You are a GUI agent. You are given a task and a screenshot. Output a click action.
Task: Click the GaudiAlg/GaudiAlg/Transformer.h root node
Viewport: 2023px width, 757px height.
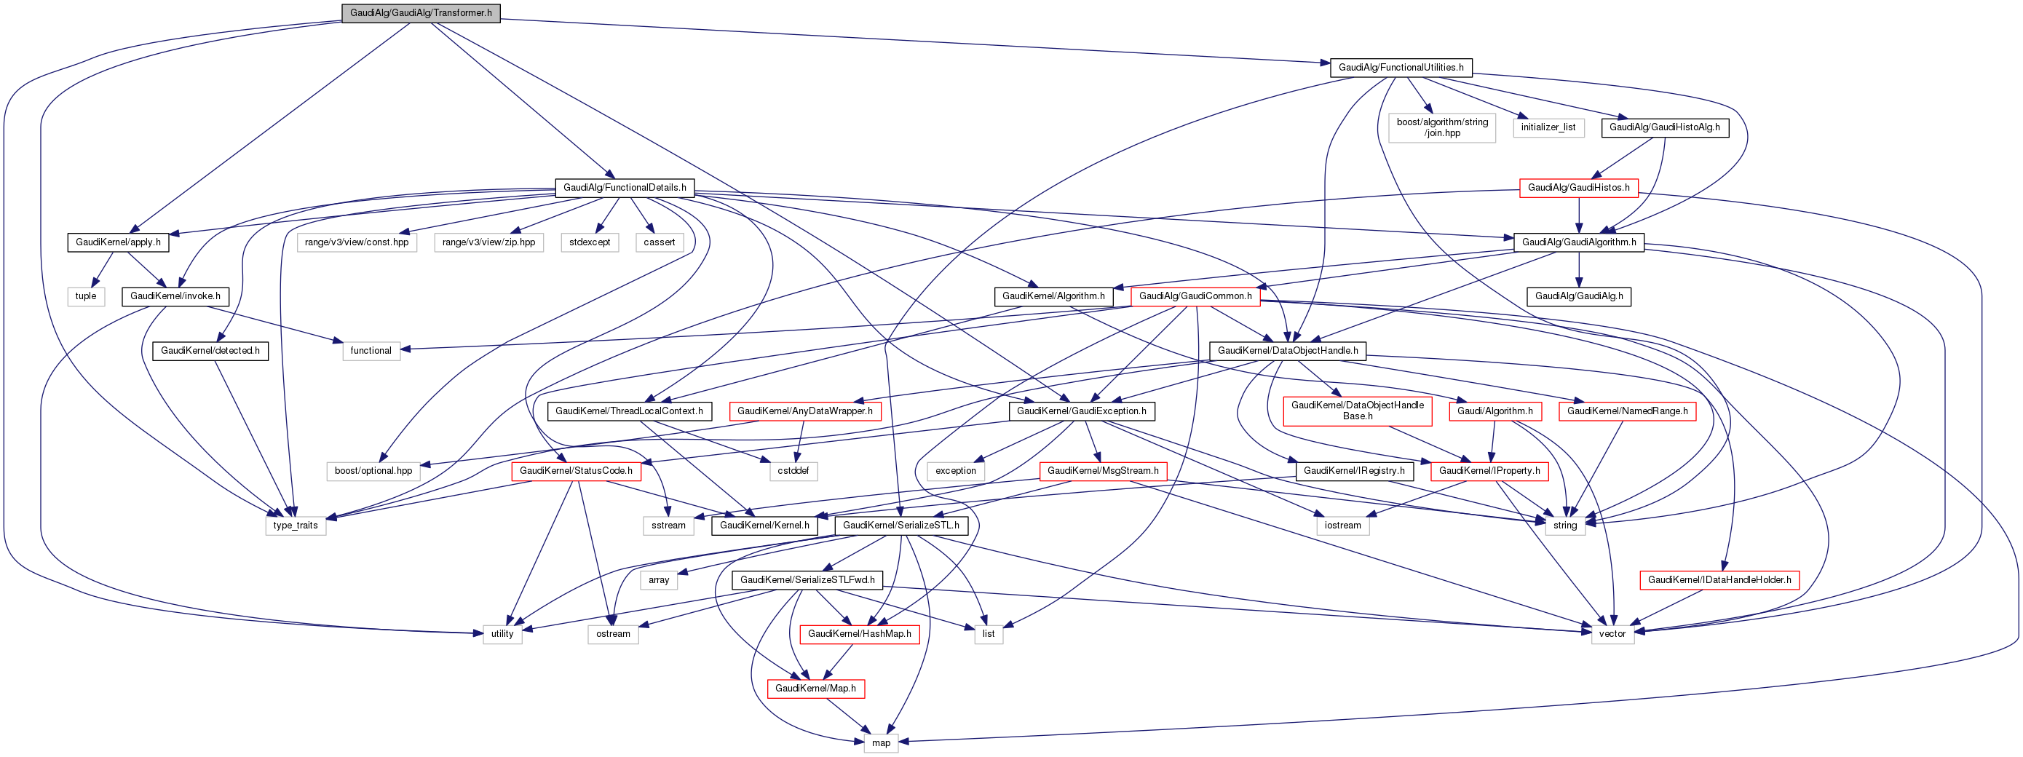420,13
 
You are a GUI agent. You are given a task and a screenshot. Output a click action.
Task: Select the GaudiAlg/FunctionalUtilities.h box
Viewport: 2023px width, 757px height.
1401,68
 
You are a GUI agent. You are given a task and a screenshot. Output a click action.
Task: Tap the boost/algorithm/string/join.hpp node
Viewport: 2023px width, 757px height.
1442,127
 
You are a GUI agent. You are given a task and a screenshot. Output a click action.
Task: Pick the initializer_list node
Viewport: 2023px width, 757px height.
1548,127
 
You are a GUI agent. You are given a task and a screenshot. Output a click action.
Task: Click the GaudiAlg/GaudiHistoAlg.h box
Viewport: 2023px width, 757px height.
1664,127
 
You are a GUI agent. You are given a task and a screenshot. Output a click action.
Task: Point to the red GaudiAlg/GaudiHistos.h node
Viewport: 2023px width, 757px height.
1578,188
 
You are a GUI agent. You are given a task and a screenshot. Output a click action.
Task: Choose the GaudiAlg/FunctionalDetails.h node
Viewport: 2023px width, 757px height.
625,188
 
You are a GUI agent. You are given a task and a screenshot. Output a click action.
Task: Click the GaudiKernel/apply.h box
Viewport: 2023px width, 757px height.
118,242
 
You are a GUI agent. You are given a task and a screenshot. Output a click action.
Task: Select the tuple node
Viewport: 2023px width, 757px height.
86,296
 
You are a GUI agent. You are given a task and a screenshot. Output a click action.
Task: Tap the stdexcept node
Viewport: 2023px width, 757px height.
590,242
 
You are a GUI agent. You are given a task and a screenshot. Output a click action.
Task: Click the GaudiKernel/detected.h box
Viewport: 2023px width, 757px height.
210,350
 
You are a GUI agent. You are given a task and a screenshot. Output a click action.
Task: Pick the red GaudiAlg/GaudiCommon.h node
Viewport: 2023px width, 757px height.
1195,296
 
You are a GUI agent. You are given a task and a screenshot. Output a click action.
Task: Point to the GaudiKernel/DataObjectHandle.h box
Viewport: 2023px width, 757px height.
1287,350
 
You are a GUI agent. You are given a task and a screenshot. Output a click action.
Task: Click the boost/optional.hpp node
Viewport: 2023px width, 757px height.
373,470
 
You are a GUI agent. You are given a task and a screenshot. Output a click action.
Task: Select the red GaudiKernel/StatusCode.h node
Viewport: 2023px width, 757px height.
576,470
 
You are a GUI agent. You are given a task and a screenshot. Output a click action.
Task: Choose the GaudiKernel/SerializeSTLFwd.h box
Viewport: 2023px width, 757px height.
807,579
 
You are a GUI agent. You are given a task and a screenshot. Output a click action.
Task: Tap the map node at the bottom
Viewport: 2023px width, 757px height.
880,743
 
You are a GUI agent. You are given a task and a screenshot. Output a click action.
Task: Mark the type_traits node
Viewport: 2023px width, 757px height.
296,526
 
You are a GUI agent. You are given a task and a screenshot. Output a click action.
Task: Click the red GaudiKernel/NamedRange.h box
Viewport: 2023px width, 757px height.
1627,411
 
